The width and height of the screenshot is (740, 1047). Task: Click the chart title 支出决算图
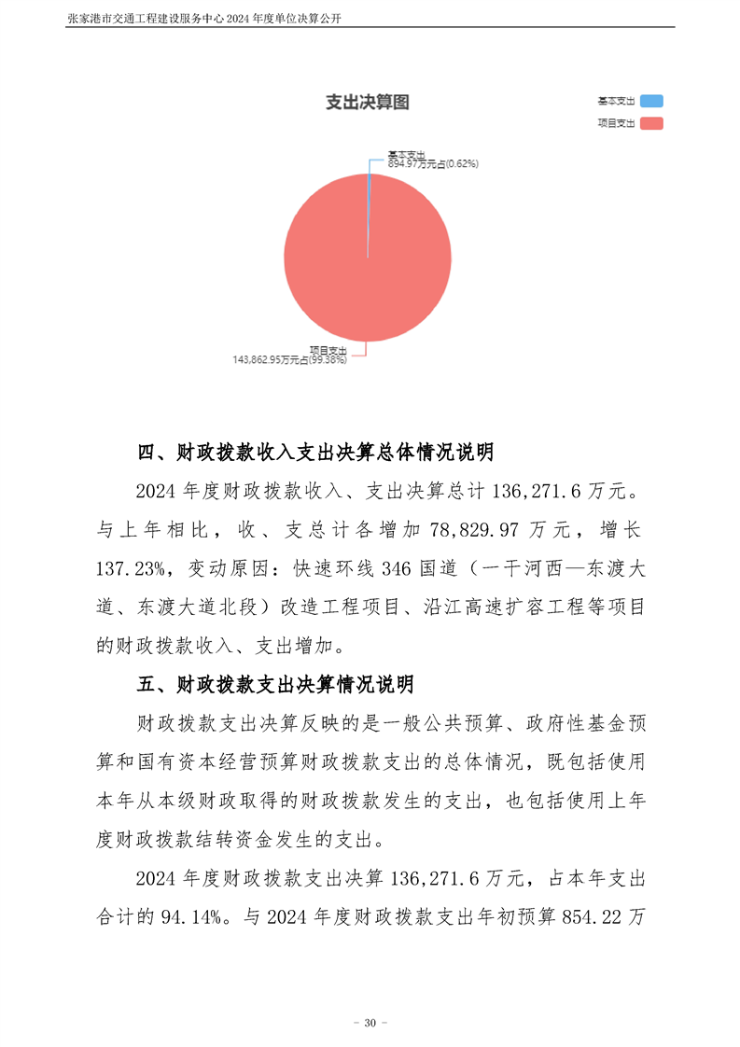367,103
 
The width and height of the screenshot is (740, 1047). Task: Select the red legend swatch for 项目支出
651,123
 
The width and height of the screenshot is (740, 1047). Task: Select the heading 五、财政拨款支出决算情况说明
275,685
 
